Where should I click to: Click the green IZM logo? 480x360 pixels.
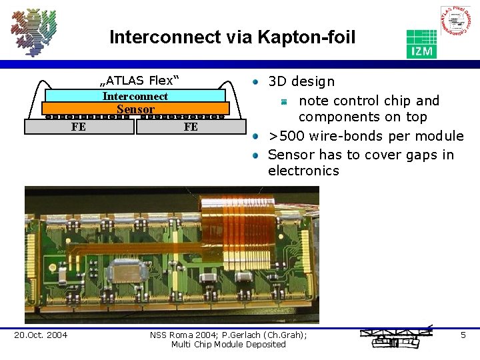[421, 43]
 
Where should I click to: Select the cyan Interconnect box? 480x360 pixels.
[135, 96]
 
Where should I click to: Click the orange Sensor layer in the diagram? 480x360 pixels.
[135, 109]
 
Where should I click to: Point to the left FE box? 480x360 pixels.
[79, 127]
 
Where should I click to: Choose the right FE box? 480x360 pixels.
[191, 127]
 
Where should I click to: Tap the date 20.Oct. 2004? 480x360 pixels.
[41, 335]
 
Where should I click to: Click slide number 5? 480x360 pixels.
[463, 335]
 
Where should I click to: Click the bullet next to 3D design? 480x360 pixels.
[255, 82]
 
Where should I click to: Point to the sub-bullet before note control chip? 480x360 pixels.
[283, 101]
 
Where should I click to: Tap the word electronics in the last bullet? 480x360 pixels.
[303, 171]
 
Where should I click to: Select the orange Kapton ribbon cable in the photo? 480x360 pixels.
[253, 220]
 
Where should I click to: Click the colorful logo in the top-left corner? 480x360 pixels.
[33, 32]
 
